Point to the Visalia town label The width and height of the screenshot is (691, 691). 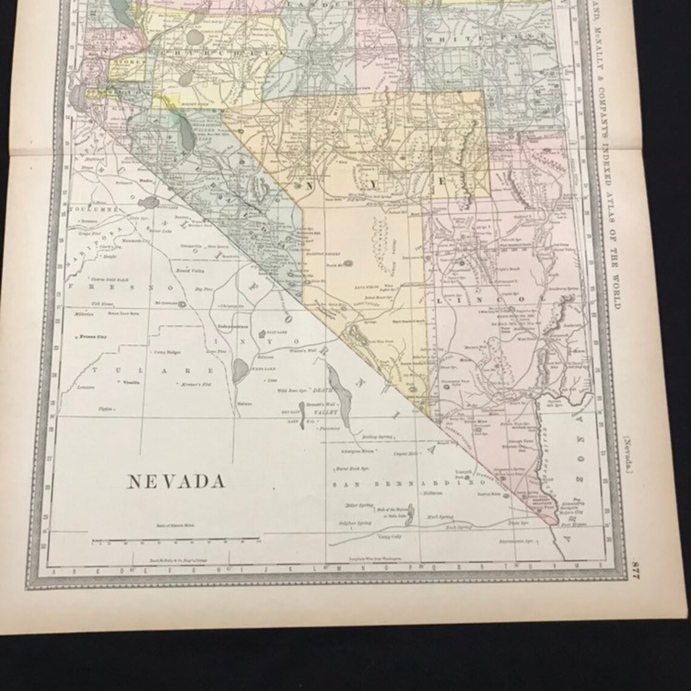coord(132,382)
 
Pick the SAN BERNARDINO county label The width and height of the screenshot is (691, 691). coord(412,483)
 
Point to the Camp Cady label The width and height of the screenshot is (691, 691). coord(389,536)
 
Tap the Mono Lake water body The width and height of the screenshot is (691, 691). coord(147,202)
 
